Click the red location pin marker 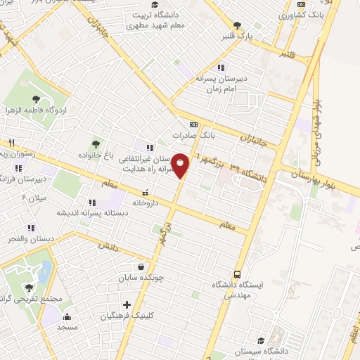click(181, 166)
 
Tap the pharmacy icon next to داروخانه click(146, 192)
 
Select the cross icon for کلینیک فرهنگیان click(127, 305)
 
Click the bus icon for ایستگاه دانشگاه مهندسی click(237, 274)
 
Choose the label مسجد click(67, 328)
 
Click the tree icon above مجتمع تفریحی click(30, 288)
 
